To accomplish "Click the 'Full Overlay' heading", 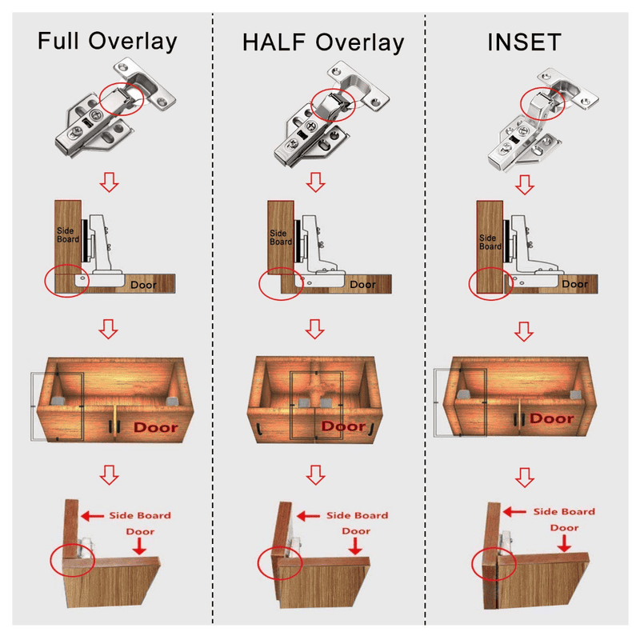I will coord(107,41).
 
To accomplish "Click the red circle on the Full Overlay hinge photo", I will coord(122,97).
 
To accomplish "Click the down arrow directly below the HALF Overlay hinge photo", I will coord(316,181).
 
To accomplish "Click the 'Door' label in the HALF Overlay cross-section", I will coord(362,284).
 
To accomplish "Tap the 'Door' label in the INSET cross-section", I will coord(574,284).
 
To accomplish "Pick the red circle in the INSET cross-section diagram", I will coord(488,284).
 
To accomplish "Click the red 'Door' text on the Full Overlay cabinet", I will coord(156,426).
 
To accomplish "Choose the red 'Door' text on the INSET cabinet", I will coord(552,418).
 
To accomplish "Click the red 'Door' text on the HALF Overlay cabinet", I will coord(343,426).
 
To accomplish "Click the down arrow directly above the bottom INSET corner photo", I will coord(524,478).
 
